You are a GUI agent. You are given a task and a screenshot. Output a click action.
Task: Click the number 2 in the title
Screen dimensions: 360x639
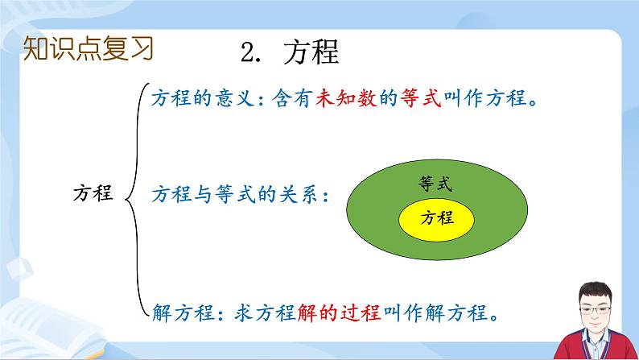click(x=247, y=52)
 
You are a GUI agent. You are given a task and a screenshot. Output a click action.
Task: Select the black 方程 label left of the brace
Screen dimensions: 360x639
click(x=93, y=194)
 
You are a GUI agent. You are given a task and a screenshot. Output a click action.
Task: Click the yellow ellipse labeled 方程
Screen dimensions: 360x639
click(x=436, y=218)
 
